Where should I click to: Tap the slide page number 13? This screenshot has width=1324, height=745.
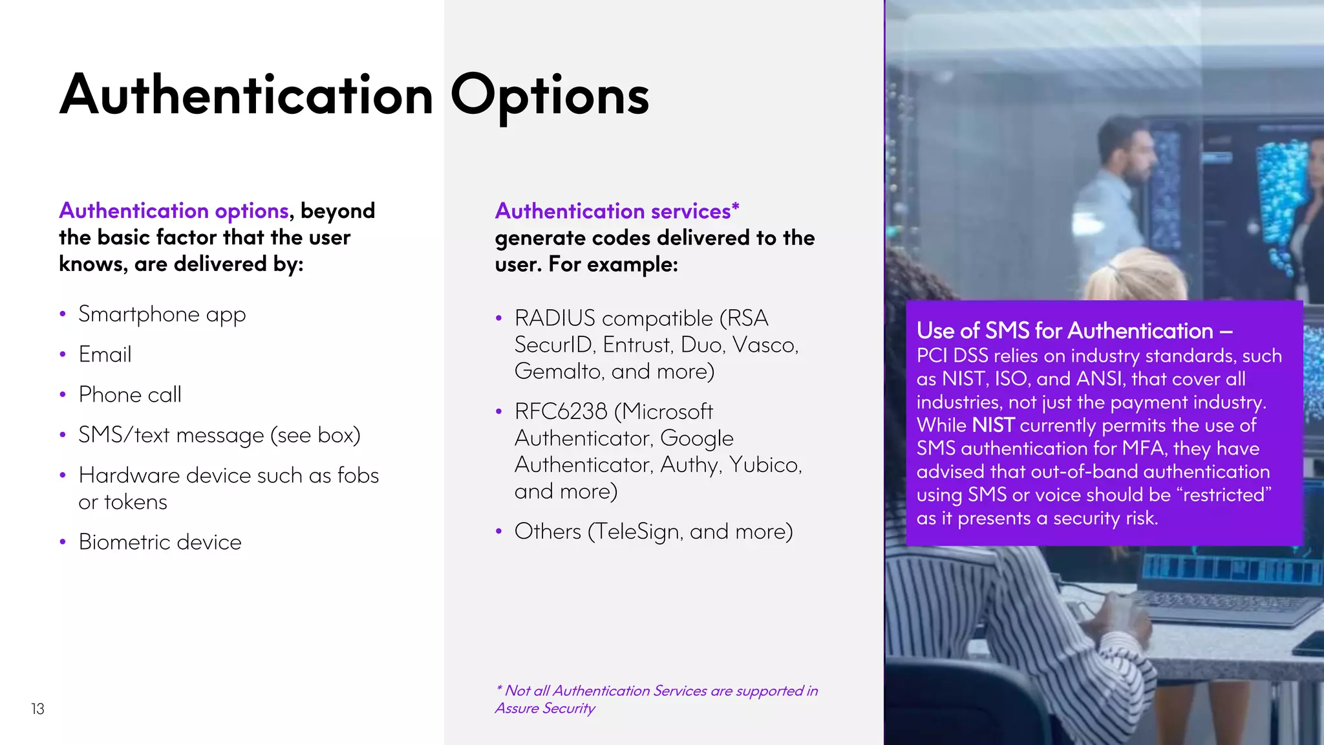pos(37,709)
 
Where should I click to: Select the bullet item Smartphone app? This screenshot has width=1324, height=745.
pos(162,314)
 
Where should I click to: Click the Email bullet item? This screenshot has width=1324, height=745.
pos(105,354)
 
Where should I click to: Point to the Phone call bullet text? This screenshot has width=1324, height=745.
pos(130,394)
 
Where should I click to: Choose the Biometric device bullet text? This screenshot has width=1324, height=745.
pos(160,542)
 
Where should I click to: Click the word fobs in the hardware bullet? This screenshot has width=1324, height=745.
pos(358,475)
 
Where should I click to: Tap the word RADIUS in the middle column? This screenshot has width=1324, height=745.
pos(555,318)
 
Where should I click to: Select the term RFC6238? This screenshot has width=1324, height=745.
pos(561,411)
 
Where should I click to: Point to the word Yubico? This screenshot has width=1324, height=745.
pos(765,465)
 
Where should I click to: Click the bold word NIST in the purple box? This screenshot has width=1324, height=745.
pos(993,426)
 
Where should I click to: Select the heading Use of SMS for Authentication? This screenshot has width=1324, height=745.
pos(1074,331)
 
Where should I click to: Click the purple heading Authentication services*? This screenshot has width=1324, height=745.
pos(617,211)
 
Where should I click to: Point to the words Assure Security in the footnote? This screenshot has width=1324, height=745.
pos(544,708)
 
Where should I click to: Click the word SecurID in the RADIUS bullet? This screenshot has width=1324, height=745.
pos(553,345)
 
